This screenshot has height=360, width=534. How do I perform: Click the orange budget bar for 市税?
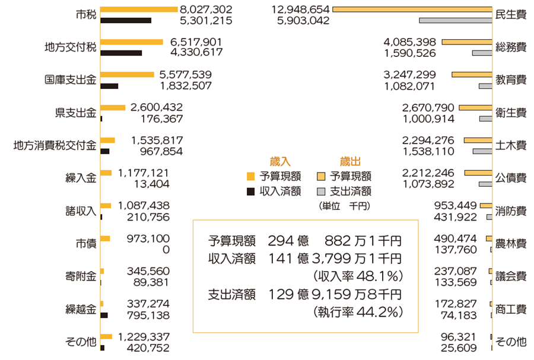pyautogui.click(x=139, y=9)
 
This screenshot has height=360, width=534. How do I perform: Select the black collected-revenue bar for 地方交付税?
pyautogui.click(x=122, y=53)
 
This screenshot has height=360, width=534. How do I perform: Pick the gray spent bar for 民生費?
pyautogui.click(x=455, y=21)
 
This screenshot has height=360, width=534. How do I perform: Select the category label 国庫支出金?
pyautogui.click(x=71, y=80)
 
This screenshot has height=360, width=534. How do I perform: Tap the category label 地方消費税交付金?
pyautogui.click(x=55, y=145)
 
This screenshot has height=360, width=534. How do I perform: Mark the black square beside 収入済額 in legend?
pyautogui.click(x=250, y=192)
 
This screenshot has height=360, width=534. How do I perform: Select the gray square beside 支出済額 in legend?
pyautogui.click(x=321, y=192)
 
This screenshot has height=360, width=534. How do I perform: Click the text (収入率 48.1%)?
pyautogui.click(x=358, y=276)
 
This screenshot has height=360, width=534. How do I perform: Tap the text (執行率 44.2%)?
pyautogui.click(x=358, y=311)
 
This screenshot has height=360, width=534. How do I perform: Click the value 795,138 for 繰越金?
pyautogui.click(x=148, y=314)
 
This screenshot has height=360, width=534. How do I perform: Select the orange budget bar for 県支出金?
pyautogui.click(x=113, y=107)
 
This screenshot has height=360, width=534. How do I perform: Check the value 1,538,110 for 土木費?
pyautogui.click(x=427, y=151)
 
